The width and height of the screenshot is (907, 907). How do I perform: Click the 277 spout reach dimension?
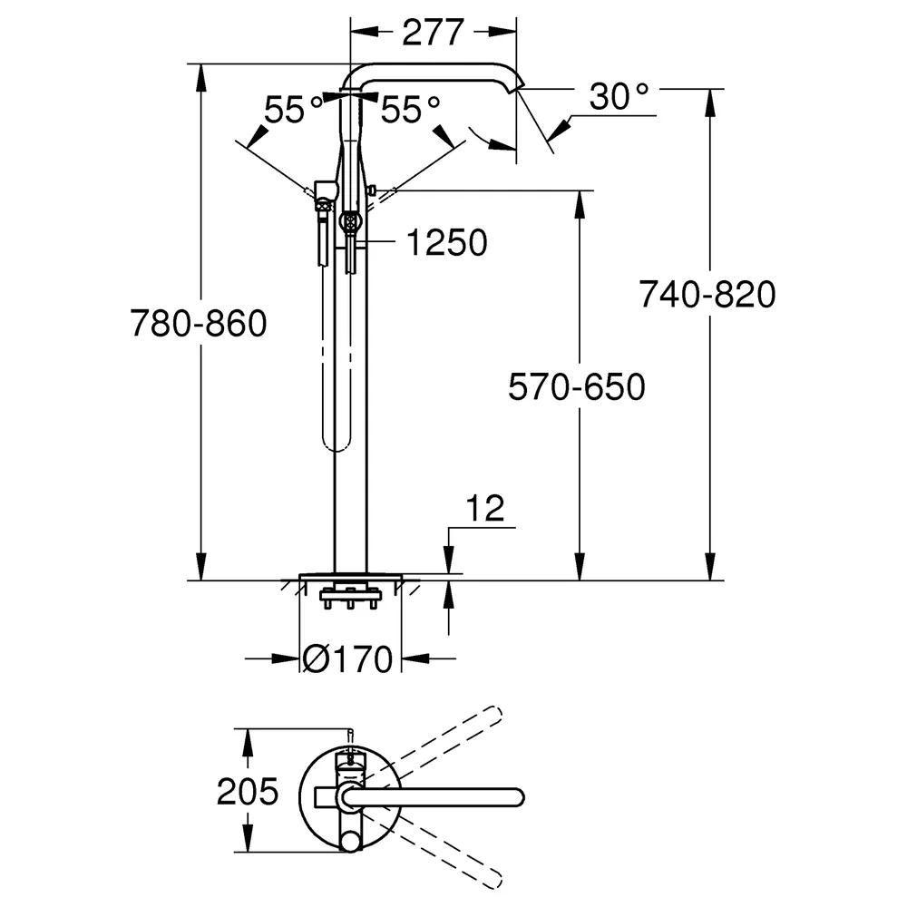coord(433,33)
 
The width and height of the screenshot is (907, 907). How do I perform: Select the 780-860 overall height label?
coord(199,323)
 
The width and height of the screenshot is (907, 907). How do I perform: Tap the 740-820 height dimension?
coord(707,294)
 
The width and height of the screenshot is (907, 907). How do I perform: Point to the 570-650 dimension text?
coord(577,386)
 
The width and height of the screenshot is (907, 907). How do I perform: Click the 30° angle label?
coord(619,97)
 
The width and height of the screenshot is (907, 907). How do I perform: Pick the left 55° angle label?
coord(293,110)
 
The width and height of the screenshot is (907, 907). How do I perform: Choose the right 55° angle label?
coord(410,110)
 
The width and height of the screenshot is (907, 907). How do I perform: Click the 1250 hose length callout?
coord(446,242)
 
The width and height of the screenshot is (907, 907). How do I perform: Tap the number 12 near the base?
coord(484,508)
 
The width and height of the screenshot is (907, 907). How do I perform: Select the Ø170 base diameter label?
coord(347,658)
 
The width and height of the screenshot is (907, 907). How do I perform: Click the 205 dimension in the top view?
coord(248,791)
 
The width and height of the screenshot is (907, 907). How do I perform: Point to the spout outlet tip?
coord(515,87)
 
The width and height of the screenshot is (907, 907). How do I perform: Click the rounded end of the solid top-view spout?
coord(516,797)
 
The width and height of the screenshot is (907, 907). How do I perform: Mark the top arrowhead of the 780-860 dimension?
coord(200,77)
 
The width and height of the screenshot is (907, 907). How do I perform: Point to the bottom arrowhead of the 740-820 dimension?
coord(710,566)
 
